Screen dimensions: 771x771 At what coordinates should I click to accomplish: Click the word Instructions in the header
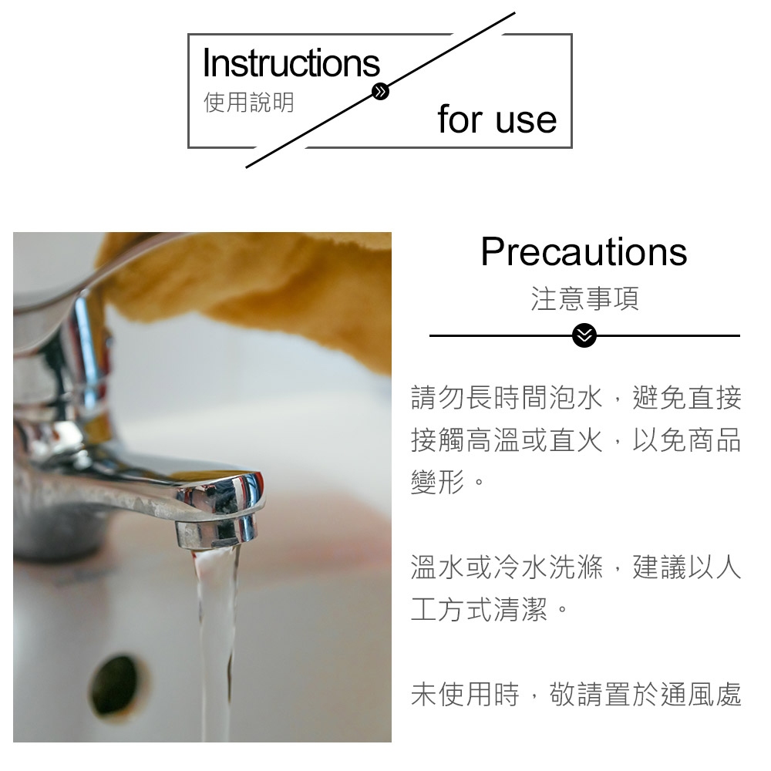[x=291, y=63]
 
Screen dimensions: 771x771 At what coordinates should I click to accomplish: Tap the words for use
[x=497, y=120]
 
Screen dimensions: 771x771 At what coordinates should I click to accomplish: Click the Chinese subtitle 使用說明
[x=248, y=103]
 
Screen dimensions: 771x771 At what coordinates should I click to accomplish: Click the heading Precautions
[x=584, y=251]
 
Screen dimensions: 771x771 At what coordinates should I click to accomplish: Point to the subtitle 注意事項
[x=584, y=298]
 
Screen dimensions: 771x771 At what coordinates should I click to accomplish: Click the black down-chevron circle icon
[x=585, y=336]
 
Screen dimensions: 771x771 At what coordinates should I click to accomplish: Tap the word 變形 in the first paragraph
[x=438, y=484]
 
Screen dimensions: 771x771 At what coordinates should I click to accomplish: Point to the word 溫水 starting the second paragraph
[x=438, y=569]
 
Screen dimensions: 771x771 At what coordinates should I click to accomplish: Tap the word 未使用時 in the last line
[x=465, y=695]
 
